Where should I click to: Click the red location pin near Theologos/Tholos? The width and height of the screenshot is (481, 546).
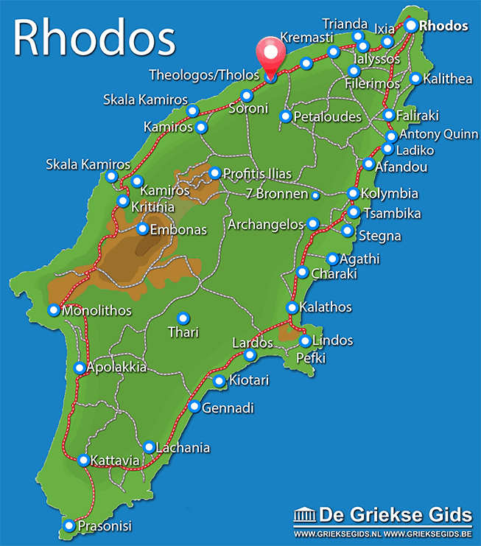[x=270, y=56]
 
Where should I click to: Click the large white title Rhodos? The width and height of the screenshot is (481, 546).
[x=94, y=38]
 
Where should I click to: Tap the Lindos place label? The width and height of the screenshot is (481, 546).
[x=333, y=340]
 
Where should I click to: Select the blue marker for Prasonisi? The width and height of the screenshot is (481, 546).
[x=69, y=525]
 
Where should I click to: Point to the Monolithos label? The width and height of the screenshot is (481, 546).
[x=97, y=311]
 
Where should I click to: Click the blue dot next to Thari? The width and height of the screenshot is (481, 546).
[x=183, y=318]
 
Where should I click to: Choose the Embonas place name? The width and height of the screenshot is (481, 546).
[x=178, y=230]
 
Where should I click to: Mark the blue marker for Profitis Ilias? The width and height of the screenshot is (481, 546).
[x=214, y=173]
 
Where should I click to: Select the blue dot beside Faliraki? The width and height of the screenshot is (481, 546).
[x=389, y=115]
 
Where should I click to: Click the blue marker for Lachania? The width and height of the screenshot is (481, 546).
[x=149, y=447]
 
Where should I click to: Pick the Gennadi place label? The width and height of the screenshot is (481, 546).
[x=228, y=407]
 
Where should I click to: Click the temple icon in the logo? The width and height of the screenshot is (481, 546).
[x=304, y=514]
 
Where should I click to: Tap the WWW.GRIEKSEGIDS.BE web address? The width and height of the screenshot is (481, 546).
[x=427, y=533]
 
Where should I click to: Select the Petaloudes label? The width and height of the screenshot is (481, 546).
[x=327, y=116]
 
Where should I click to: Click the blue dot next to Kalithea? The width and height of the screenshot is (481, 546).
[x=415, y=78]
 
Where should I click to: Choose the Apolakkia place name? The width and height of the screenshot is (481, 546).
[x=116, y=367]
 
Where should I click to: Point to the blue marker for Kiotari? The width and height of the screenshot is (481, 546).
[x=219, y=381]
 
